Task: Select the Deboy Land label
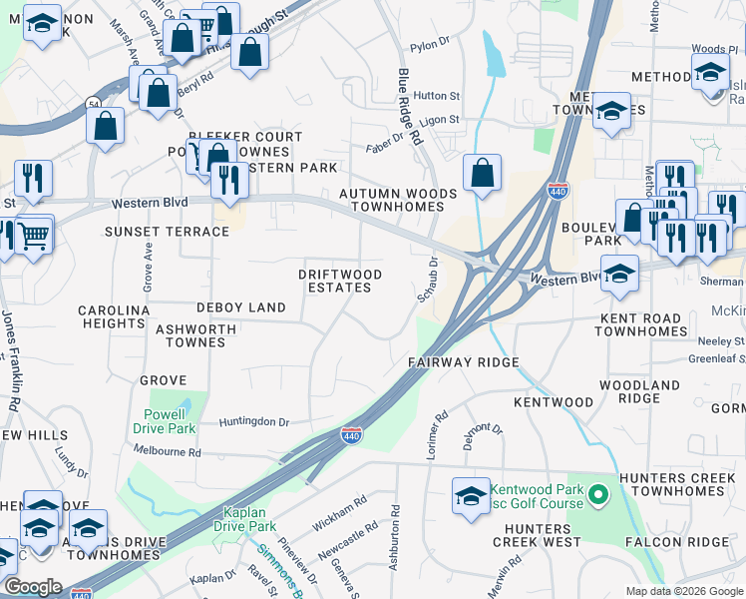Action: (240, 307)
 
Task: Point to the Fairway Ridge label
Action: (463, 362)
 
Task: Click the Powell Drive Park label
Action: (164, 421)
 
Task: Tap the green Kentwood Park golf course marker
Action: (597, 493)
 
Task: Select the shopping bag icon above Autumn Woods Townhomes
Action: (482, 174)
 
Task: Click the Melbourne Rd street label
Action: (167, 452)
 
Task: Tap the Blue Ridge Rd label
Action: (410, 108)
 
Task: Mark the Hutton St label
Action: (436, 97)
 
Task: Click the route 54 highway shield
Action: (93, 103)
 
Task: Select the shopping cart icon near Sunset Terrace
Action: (34, 236)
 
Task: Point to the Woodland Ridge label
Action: (639, 391)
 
